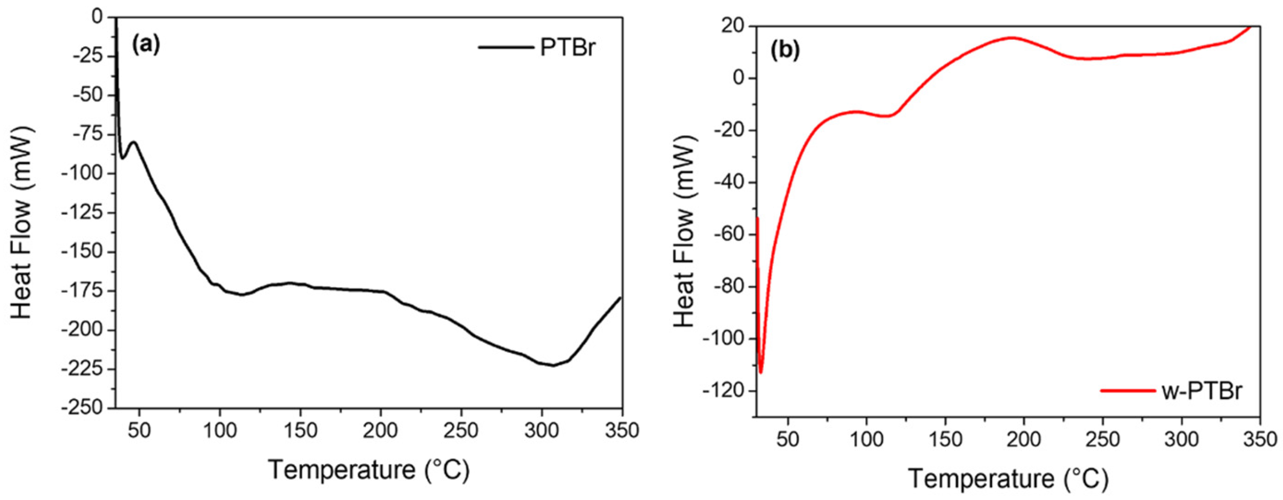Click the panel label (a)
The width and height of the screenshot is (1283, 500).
point(145,45)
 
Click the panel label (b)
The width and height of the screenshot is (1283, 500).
point(785,51)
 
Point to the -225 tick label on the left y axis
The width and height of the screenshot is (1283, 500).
point(86,369)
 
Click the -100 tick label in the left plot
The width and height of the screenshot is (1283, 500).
point(86,174)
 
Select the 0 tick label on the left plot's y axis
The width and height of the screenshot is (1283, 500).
point(97,17)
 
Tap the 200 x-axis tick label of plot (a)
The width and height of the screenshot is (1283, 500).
point(380,431)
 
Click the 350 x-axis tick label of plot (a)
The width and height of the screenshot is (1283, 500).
point(621,431)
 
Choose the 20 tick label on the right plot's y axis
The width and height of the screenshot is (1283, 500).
point(735,27)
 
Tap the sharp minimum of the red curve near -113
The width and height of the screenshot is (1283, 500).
point(761,372)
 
